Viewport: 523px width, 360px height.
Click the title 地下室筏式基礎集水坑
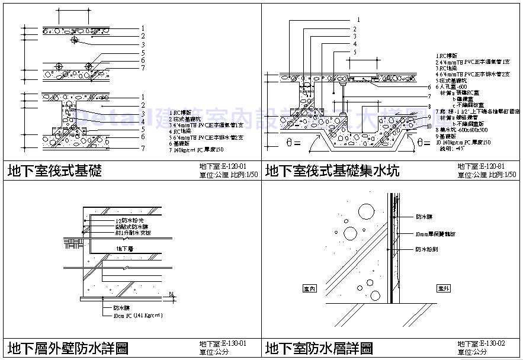(332, 171)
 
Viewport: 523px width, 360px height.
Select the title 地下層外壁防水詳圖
(68, 347)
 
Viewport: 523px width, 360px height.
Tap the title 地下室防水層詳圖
(319, 347)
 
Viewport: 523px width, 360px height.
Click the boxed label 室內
(309, 289)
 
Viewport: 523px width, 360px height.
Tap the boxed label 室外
(444, 288)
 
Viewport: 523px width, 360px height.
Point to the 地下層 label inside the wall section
(124, 249)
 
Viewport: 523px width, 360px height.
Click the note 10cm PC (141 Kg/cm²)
(137, 316)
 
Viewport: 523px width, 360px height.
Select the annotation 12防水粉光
(130, 220)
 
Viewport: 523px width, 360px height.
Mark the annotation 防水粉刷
(426, 250)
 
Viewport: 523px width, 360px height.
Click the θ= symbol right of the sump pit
(424, 143)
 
